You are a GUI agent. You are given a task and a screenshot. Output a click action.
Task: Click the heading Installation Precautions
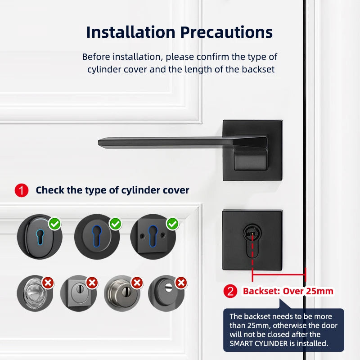click(x=179, y=32)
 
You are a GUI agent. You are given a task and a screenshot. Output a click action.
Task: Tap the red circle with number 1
click(x=21, y=190)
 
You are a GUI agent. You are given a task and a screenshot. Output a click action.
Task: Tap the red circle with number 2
click(x=230, y=291)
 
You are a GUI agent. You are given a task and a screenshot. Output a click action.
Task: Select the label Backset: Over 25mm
click(x=288, y=291)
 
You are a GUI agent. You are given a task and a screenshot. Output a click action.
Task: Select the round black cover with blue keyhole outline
click(x=96, y=236)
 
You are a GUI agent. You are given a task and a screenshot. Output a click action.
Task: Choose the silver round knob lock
click(x=123, y=294)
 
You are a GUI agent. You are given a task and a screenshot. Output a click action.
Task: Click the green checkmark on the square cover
click(x=172, y=223)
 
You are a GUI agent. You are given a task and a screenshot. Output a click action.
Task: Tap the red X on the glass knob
click(x=48, y=283)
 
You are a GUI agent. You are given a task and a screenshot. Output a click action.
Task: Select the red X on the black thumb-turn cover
click(x=181, y=283)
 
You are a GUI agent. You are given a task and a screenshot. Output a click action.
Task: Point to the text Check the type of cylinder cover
click(x=112, y=190)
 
